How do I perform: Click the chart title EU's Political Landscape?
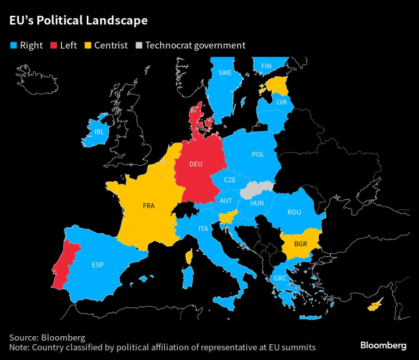(78, 21)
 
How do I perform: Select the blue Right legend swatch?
(12, 45)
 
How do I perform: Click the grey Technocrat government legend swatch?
(139, 45)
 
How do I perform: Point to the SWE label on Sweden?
(225, 73)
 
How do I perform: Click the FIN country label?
(266, 66)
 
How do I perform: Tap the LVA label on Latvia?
(281, 102)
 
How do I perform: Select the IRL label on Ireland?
(99, 132)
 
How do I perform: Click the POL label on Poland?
(258, 155)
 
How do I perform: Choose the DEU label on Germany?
(195, 164)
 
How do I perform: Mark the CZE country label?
(229, 179)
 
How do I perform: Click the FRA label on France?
(149, 206)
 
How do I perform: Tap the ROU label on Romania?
(294, 212)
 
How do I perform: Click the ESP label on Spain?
(97, 264)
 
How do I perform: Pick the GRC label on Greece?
(280, 278)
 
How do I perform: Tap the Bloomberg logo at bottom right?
(383, 345)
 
